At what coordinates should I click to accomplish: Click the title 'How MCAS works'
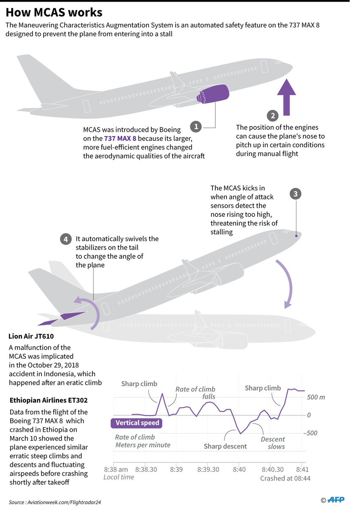click(x=54, y=11)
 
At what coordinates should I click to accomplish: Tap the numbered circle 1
click(x=195, y=126)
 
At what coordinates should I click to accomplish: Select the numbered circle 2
click(x=272, y=115)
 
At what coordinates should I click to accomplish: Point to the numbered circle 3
click(x=296, y=194)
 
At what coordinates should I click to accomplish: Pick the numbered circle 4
click(x=65, y=239)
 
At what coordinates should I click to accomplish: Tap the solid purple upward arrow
click(x=287, y=98)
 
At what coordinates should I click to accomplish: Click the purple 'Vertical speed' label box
click(x=137, y=422)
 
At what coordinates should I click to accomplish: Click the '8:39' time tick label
click(x=176, y=470)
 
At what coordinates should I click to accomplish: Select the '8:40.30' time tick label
click(x=272, y=470)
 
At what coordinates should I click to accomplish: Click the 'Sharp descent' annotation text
click(x=225, y=446)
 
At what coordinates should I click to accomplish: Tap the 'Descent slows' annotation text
click(x=273, y=443)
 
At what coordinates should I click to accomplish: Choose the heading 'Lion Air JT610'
click(x=33, y=337)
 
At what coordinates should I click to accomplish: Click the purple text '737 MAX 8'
click(x=120, y=138)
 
